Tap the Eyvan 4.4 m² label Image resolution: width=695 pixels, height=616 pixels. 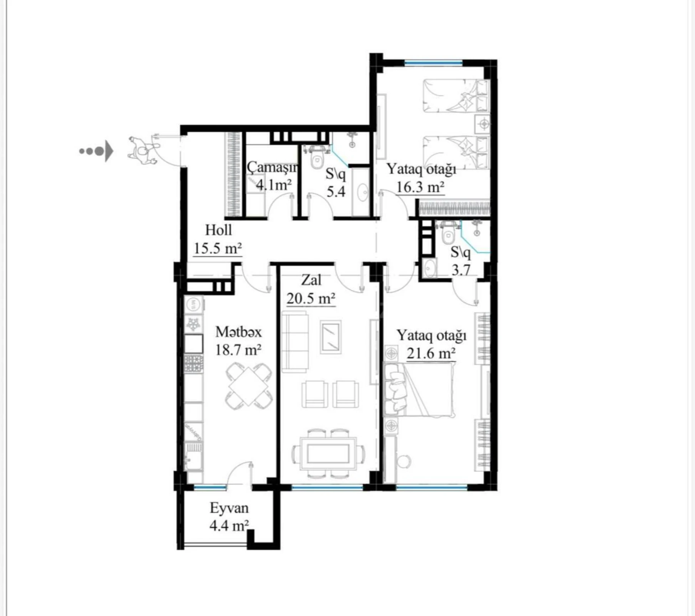tap(229, 516)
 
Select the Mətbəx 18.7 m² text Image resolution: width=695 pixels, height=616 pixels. tap(238, 341)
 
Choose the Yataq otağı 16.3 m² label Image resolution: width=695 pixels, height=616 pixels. tap(421, 178)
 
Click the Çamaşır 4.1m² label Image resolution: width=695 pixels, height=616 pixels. tap(273, 176)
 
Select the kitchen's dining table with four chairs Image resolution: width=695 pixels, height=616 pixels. tap(249, 386)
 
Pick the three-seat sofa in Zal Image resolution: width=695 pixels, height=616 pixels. tap(295, 342)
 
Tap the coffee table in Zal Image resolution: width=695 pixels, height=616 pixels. tap(331, 337)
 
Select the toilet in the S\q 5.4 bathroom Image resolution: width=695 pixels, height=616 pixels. tap(317, 159)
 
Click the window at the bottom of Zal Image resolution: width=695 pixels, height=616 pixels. tap(327, 487)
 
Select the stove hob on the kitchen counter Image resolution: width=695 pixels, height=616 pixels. tap(193, 363)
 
